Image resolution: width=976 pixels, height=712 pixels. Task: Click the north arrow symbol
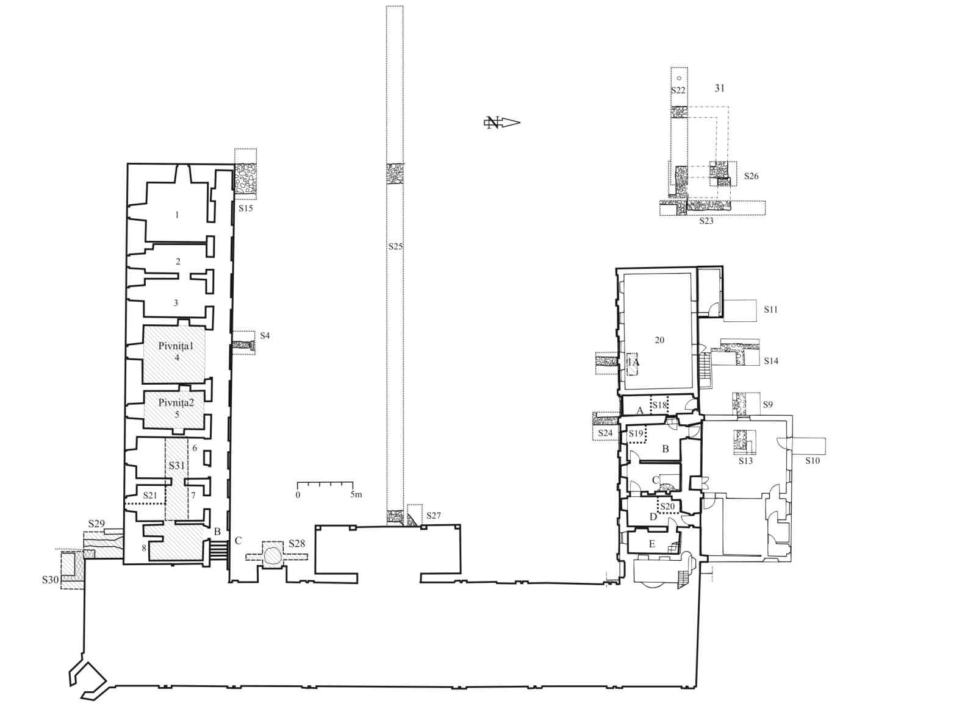[502, 123]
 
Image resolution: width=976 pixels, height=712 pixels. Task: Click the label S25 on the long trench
[395, 246]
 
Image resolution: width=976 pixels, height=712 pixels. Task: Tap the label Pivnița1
[176, 346]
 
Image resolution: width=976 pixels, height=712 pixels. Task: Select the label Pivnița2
[176, 403]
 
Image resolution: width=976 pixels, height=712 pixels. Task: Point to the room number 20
[659, 340]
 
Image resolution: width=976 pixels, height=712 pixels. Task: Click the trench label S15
[246, 208]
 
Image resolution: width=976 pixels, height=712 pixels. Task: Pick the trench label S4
[265, 335]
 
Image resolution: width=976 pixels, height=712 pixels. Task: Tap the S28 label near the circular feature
[296, 544]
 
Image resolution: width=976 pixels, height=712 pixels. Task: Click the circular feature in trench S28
[273, 555]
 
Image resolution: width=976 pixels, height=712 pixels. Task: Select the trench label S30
[50, 580]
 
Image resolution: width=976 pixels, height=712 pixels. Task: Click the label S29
[96, 524]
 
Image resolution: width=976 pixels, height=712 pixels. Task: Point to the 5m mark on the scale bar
[356, 495]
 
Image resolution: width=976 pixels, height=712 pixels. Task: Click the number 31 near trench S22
[719, 88]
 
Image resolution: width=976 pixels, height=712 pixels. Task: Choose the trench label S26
[751, 176]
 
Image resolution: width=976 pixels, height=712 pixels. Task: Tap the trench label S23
[706, 221]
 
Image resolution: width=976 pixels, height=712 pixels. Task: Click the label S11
[771, 310]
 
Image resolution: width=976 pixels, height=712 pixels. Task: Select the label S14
[771, 361]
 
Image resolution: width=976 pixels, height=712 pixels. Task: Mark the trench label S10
[813, 461]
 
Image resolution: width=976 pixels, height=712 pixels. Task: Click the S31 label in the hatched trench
[177, 466]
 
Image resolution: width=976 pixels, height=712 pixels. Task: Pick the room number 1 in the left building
[177, 215]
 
